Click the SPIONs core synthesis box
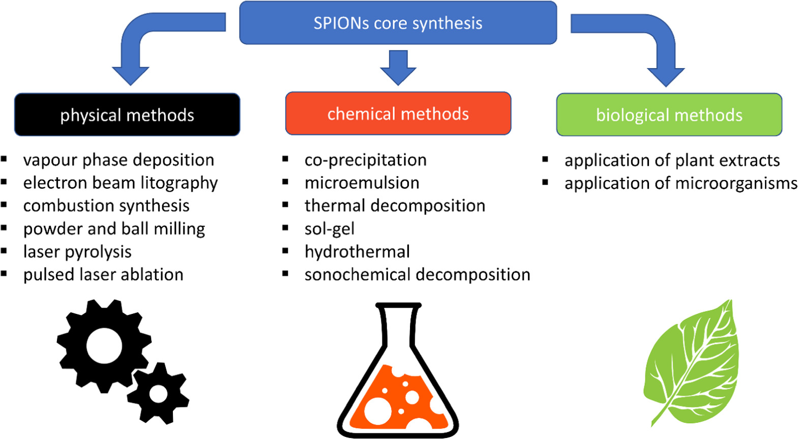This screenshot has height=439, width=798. [398, 23]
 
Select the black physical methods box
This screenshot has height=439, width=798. [127, 115]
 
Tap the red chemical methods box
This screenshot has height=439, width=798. [398, 114]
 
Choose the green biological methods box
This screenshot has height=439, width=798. [669, 115]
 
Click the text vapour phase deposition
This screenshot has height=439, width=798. [119, 160]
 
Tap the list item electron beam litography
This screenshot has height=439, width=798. [121, 183]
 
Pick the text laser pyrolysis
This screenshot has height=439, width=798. [77, 252]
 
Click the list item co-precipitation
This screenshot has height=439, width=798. [365, 160]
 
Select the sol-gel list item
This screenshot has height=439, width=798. [329, 229]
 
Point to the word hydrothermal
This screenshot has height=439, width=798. [357, 252]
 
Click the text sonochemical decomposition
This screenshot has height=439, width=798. [417, 275]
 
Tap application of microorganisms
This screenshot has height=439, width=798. [681, 183]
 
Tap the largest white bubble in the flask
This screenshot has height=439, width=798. [378, 411]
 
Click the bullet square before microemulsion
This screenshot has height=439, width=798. [285, 182]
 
